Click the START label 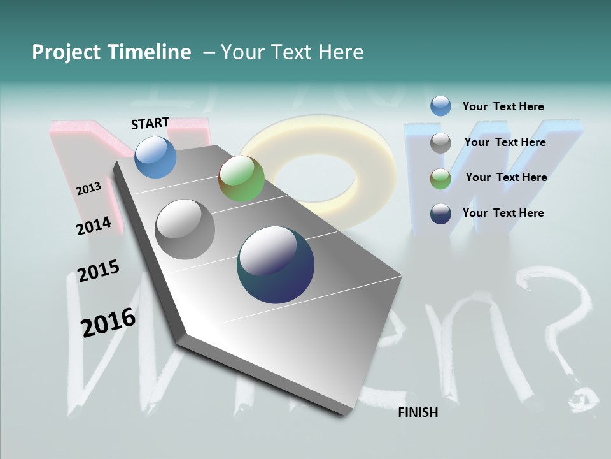pyautogui.click(x=150, y=123)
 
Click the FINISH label pyautogui.click(x=418, y=412)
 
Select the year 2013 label pyautogui.click(x=88, y=189)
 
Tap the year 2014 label pyautogui.click(x=94, y=226)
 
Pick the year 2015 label pyautogui.click(x=99, y=271)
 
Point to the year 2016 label pyautogui.click(x=108, y=322)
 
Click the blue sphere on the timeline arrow pyautogui.click(x=155, y=157)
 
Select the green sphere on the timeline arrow pyautogui.click(x=241, y=179)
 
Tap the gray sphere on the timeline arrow pyautogui.click(x=185, y=229)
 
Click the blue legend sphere pyautogui.click(x=440, y=106)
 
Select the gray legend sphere pyautogui.click(x=440, y=143)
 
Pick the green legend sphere pyautogui.click(x=440, y=178)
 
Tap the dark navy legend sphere pyautogui.click(x=440, y=214)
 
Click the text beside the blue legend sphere pyautogui.click(x=503, y=106)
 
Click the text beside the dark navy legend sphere pyautogui.click(x=503, y=213)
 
